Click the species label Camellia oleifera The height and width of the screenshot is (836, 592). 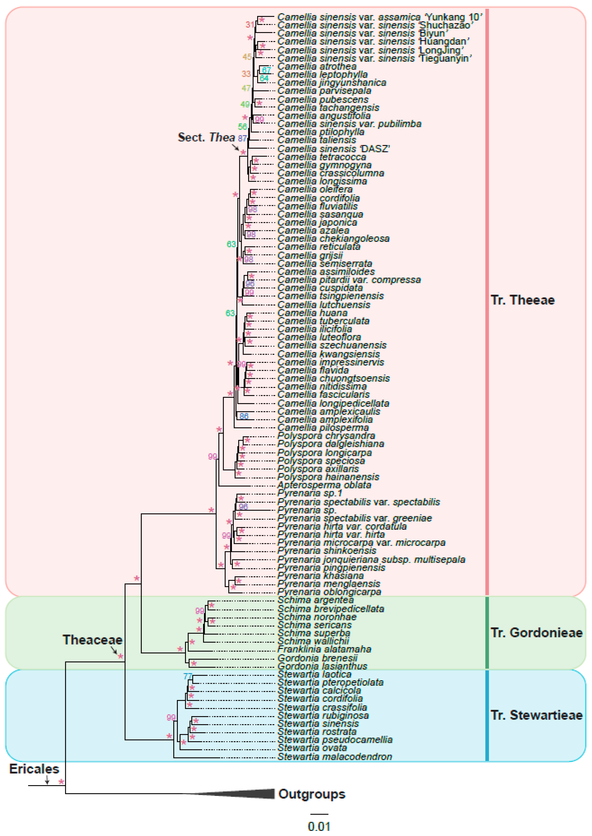(315, 189)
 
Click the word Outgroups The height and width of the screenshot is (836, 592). (312, 794)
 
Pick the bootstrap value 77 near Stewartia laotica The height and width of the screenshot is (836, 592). (188, 676)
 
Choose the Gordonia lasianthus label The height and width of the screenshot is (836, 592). (322, 666)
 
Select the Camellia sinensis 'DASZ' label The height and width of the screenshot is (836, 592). (333, 149)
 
